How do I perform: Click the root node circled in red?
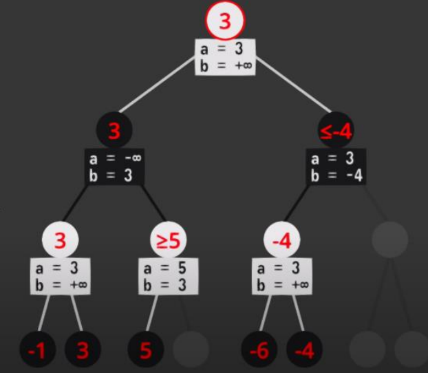(x=226, y=21)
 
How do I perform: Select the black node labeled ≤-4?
(x=335, y=129)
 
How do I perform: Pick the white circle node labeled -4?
(x=281, y=241)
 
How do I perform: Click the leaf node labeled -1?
(x=38, y=351)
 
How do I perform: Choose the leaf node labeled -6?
(x=259, y=351)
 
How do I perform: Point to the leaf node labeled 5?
(x=146, y=351)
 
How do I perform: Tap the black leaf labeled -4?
(x=303, y=351)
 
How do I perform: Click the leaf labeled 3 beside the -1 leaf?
(x=83, y=351)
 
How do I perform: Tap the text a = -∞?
(x=114, y=159)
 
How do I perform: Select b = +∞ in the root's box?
(x=225, y=66)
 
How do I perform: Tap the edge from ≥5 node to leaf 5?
(x=152, y=313)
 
